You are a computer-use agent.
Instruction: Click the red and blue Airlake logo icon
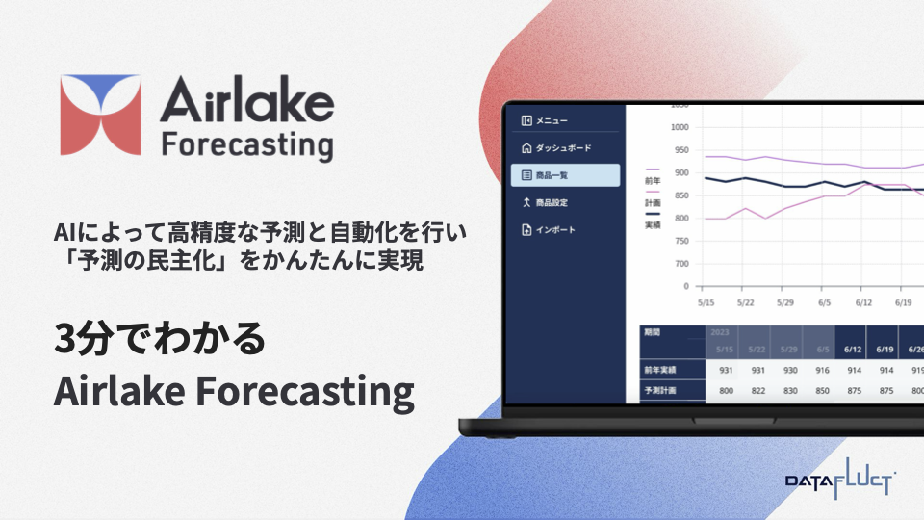tap(100, 116)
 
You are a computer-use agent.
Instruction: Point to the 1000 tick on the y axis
tap(680, 127)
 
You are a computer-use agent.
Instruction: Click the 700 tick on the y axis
tap(681, 263)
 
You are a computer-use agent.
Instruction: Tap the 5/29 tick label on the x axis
tap(785, 301)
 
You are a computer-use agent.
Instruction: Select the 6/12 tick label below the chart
tap(864, 301)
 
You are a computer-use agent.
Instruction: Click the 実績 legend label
tap(653, 224)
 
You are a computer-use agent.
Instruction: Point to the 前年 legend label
tap(653, 180)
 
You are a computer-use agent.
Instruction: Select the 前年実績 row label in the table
tap(661, 370)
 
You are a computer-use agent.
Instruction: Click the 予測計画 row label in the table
tap(661, 391)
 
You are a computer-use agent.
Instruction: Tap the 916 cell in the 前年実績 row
tap(821, 370)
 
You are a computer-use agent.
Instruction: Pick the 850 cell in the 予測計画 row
tap(821, 391)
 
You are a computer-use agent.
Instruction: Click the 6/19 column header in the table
tap(884, 349)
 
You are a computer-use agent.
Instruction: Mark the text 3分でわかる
tap(158, 342)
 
